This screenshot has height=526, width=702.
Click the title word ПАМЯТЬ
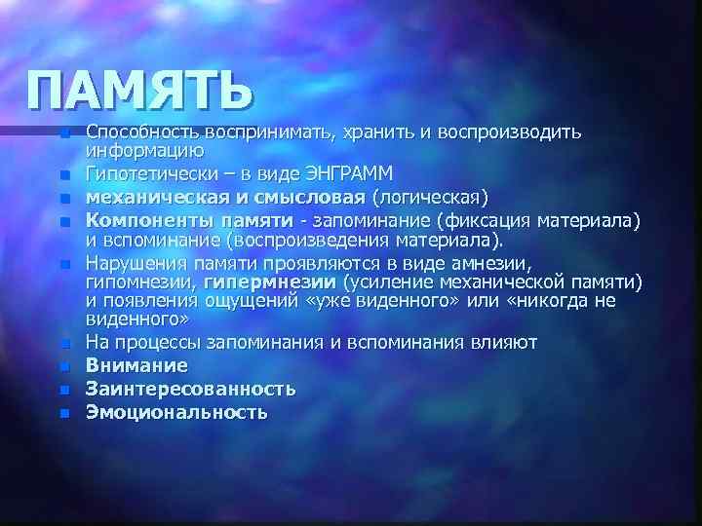point(140,94)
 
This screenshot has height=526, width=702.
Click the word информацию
point(144,150)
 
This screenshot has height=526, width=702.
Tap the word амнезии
point(488,263)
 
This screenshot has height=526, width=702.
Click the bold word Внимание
point(136,365)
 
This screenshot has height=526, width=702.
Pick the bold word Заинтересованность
point(190,389)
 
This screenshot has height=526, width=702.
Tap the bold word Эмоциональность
point(175,412)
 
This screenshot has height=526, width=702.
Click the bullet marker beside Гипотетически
point(64,175)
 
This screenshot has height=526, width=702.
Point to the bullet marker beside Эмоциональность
point(64,413)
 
